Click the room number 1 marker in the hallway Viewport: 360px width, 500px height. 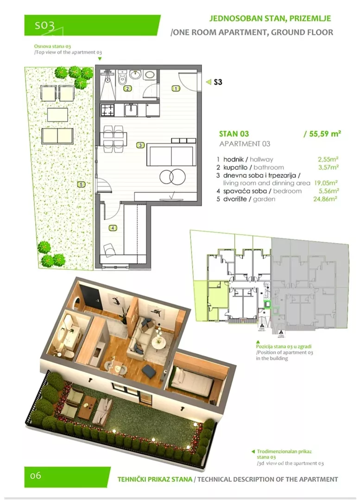pos(176,88)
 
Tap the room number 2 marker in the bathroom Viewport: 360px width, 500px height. pos(128,88)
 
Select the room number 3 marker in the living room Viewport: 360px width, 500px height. pos(140,145)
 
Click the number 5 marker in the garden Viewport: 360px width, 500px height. pos(81,184)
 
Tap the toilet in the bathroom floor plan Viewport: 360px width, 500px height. pos(121,77)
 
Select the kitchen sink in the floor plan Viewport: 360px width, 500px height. pos(131,110)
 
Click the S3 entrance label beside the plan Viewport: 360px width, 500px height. pos(218,82)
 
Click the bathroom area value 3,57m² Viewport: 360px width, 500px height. pos(328,167)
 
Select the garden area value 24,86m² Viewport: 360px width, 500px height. pos(325,199)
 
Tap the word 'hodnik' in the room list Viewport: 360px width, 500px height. pos(234,159)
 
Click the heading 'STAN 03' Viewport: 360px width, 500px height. pos(234,134)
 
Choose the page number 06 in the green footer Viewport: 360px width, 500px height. pos(35,476)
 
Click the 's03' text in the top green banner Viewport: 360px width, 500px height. pos(44,25)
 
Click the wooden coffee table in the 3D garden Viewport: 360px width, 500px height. pos(88,408)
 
